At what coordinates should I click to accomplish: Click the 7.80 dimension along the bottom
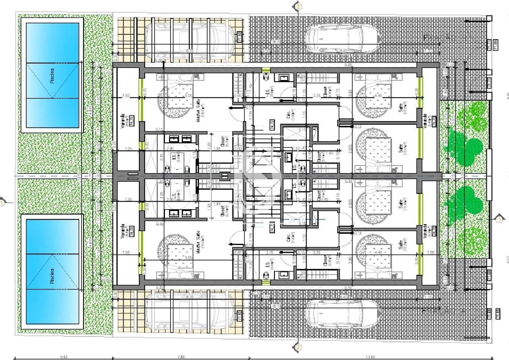coord(180,357)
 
